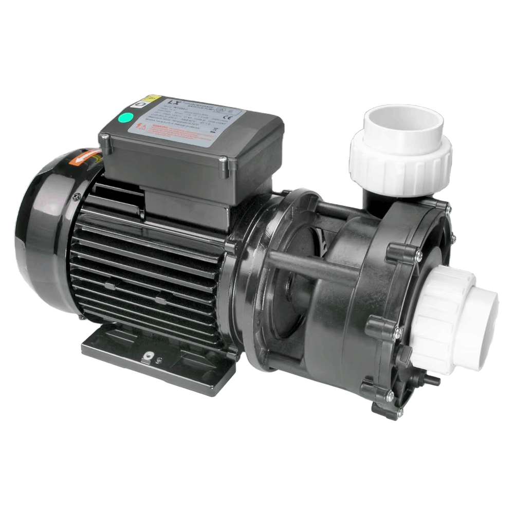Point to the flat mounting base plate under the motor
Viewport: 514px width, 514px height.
click(154, 355)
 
